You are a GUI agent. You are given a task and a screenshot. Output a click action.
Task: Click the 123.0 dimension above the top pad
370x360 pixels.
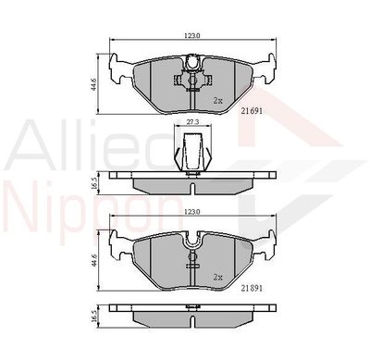coord(191,35)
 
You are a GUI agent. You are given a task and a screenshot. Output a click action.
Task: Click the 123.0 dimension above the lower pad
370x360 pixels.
coord(191,212)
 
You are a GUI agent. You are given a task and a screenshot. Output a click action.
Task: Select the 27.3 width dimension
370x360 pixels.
coord(191,120)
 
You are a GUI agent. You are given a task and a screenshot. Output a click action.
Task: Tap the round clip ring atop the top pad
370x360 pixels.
coord(192,63)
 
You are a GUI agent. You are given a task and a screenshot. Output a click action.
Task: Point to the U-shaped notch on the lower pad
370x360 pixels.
coord(192,243)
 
